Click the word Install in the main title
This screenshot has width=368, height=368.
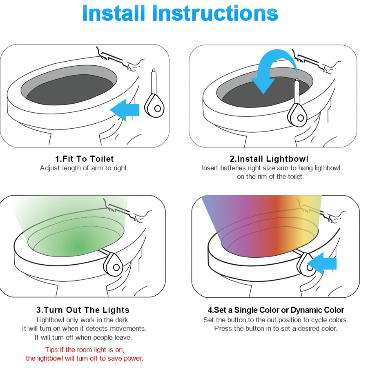114,13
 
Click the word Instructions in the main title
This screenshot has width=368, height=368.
216,13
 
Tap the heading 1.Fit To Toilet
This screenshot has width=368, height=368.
85,158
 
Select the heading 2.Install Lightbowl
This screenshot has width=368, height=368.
269,158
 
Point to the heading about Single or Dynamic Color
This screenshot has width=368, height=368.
276,310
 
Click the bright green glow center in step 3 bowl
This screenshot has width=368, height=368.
78,246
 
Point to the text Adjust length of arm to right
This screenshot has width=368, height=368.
84,168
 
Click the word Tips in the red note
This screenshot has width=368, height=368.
53,350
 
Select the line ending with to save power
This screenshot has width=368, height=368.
85,359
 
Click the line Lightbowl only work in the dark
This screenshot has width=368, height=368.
83,320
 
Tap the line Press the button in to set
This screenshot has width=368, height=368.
276,329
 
